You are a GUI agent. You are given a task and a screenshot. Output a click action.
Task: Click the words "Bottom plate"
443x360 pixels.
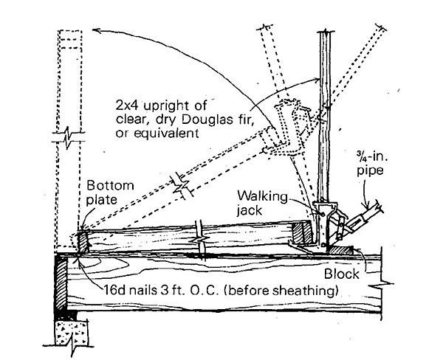point(110,193)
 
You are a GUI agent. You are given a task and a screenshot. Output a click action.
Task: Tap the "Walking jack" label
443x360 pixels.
point(262,203)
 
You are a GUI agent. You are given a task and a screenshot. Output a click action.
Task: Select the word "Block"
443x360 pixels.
point(341,274)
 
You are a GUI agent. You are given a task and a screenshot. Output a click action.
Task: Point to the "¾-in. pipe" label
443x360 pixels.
point(372,164)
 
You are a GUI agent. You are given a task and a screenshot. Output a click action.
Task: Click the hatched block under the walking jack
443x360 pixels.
point(341,250)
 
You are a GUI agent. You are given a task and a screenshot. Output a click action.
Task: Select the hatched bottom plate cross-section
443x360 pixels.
point(83,242)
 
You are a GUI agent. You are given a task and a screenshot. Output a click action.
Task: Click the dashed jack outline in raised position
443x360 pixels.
point(289,127)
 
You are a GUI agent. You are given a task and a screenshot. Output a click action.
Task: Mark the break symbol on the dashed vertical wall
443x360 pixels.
point(69,138)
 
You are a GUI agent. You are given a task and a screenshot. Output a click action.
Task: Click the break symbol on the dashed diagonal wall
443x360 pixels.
point(182,186)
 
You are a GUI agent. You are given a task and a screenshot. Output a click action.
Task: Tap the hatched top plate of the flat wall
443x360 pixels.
point(302,232)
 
